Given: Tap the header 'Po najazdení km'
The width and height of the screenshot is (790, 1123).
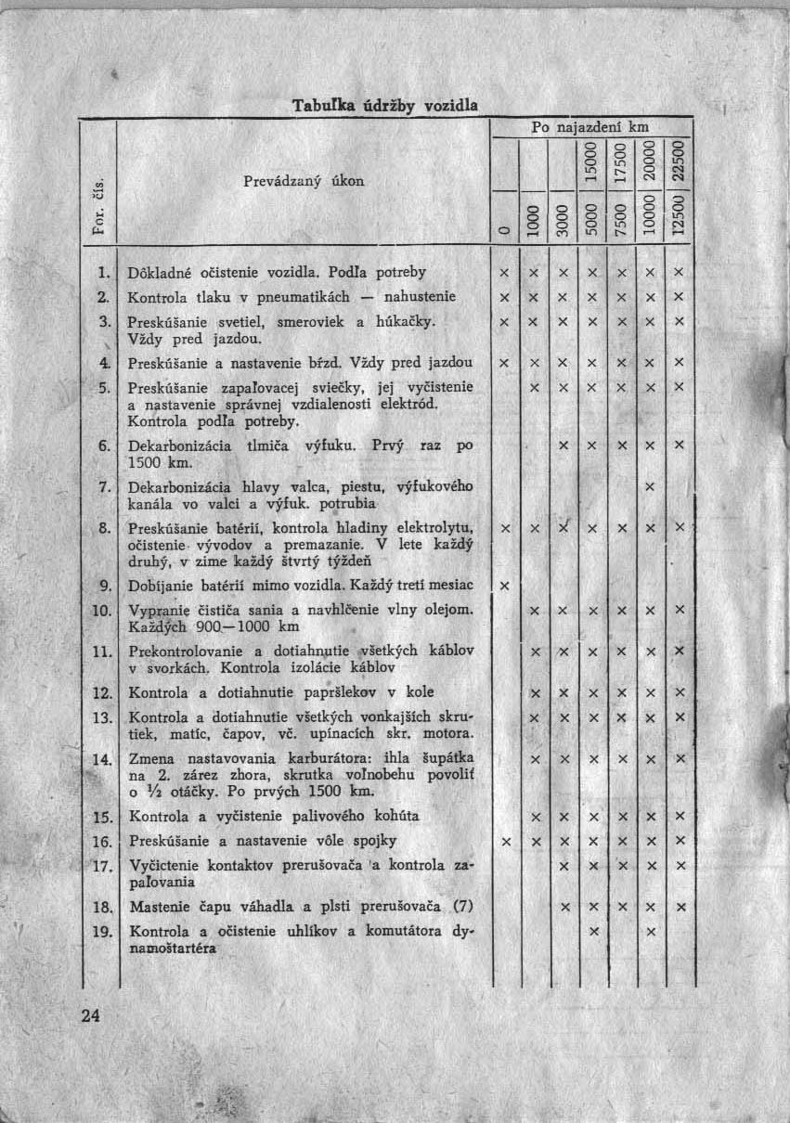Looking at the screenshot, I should click(x=589, y=125).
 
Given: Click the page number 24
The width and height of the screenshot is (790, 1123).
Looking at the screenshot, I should click(x=90, y=1014).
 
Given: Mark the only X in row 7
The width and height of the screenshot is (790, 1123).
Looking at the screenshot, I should click(x=650, y=486).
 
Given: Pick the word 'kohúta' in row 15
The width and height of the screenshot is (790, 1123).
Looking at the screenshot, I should click(x=395, y=817).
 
